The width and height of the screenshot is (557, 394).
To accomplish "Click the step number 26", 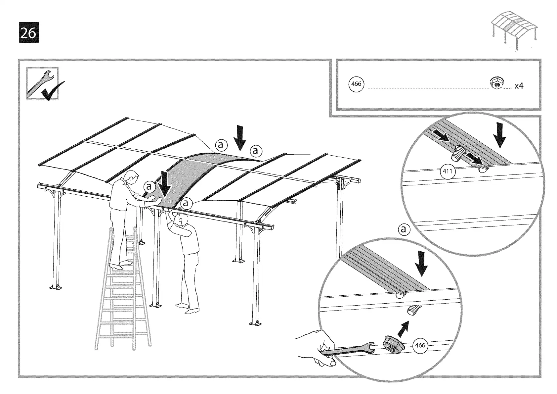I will (x=28, y=32).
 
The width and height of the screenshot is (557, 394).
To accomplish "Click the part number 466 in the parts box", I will (x=356, y=84).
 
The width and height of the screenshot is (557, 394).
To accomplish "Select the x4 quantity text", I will (x=519, y=86).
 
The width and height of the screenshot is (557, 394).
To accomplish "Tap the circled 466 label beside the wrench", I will (x=420, y=345).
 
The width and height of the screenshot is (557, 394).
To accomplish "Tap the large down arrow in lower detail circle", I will (x=422, y=263).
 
